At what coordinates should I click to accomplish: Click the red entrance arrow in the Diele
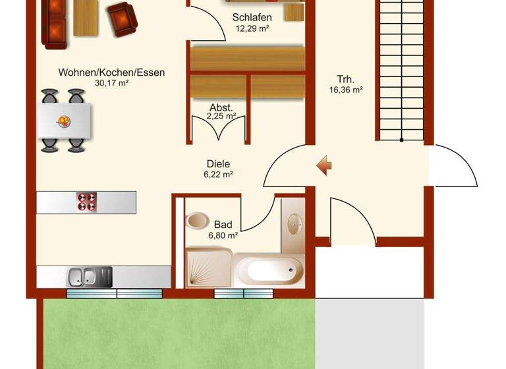coord(323,165)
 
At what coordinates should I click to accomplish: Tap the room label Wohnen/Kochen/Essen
coord(111,72)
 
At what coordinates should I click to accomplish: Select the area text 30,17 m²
coord(111,83)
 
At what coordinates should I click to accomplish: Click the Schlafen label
coord(252,18)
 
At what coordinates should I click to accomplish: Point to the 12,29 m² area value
coord(252,28)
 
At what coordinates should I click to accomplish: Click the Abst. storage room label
coord(221,107)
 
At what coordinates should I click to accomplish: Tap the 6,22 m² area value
coord(219,175)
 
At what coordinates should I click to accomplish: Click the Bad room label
coord(223,225)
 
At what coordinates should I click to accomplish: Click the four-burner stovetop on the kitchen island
coord(87,201)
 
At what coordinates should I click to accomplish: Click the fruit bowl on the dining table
coord(65,120)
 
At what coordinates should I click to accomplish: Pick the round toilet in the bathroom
coord(196,220)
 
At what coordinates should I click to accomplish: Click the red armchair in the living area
coord(123,18)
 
